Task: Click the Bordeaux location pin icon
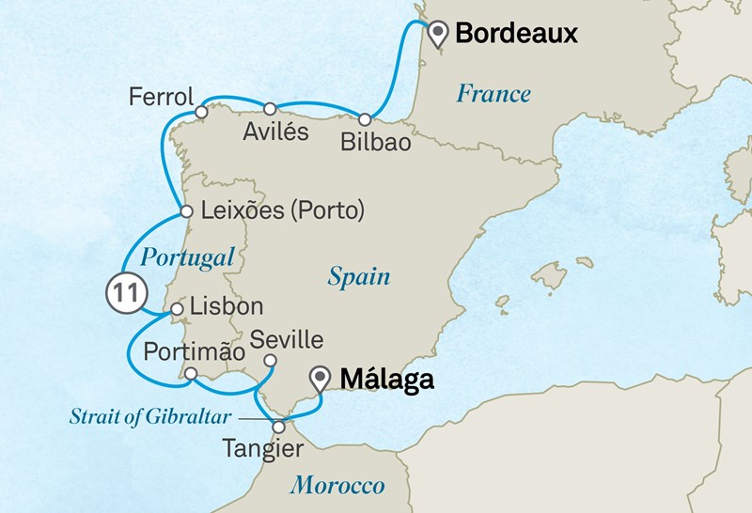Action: [x=437, y=35]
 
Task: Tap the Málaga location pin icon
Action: [x=322, y=379]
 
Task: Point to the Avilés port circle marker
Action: [x=270, y=108]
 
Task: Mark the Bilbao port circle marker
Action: [x=364, y=119]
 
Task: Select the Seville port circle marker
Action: [x=270, y=361]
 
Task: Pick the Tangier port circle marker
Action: [x=278, y=427]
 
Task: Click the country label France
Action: [x=493, y=93]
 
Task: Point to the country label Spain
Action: [x=358, y=276]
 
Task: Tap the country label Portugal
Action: [x=186, y=256]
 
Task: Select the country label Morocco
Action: [x=337, y=485]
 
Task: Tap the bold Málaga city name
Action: [x=387, y=380]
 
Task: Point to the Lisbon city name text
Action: [x=227, y=307]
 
